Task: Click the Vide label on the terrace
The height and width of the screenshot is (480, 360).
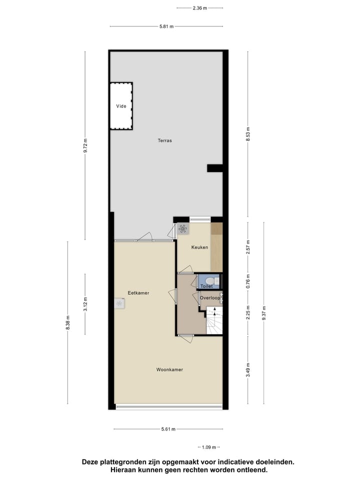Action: [x=121, y=106]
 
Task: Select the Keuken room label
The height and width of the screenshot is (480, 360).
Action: [x=199, y=247]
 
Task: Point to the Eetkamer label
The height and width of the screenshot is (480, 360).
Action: [x=138, y=293]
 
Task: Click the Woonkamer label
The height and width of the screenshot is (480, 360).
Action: [x=169, y=369]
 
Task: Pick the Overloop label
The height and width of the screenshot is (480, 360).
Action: [x=210, y=298]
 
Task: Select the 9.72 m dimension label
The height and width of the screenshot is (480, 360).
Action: [x=85, y=145]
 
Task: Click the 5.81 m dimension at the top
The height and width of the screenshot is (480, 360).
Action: [x=166, y=26]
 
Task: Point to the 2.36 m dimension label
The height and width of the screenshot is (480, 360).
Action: [x=199, y=8]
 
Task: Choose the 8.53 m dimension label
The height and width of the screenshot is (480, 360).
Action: [x=248, y=135]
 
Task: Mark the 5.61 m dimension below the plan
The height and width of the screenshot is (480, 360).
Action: [x=168, y=429]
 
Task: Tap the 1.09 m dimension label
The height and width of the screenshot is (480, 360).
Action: [x=209, y=447]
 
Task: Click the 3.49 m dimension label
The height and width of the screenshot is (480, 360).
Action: [x=248, y=370]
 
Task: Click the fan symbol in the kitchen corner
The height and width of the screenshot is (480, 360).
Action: [x=182, y=229]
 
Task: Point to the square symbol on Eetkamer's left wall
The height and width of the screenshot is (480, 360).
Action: [x=119, y=303]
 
